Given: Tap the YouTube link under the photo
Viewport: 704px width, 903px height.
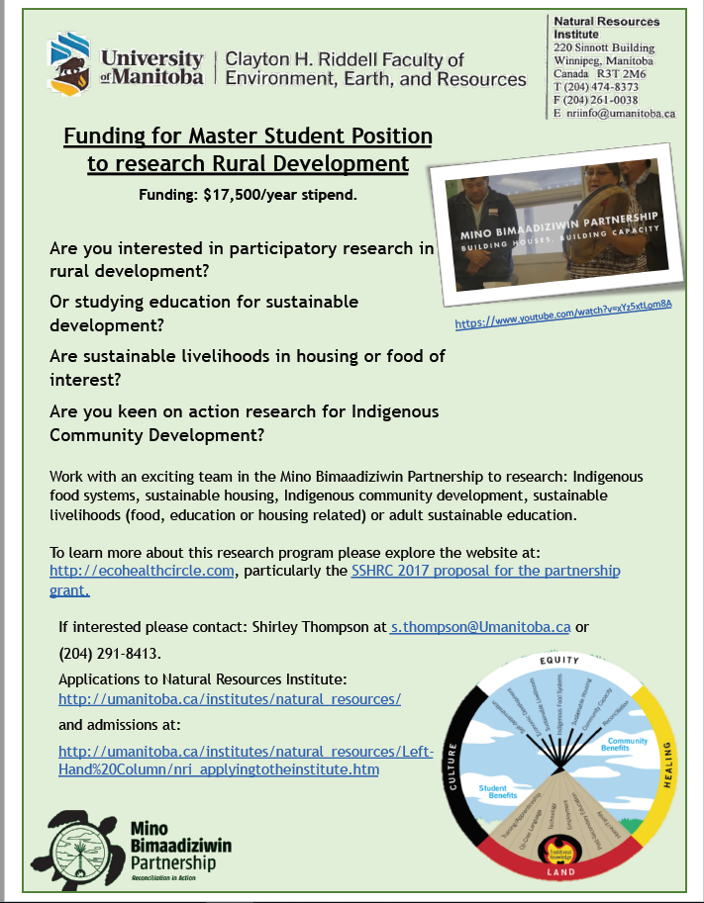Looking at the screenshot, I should tap(563, 314).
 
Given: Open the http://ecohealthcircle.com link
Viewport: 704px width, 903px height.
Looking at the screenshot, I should tap(143, 572).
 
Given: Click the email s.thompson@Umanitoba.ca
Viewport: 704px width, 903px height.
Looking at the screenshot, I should tap(480, 626).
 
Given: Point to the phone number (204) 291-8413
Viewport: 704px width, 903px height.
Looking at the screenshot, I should tap(109, 654).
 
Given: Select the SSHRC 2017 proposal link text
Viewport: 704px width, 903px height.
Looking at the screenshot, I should tap(485, 572).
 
